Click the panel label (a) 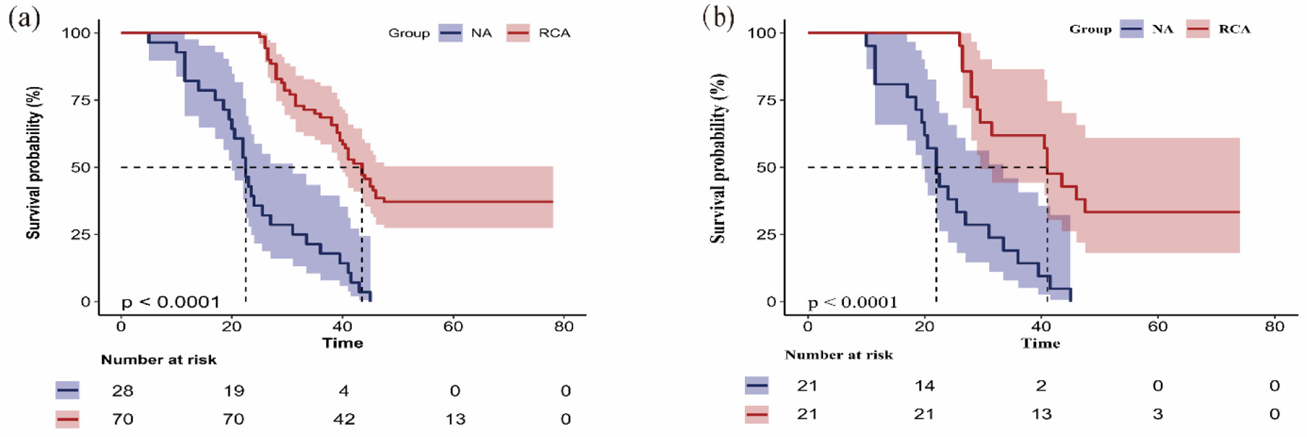click(24, 18)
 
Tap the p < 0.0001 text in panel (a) click(170, 301)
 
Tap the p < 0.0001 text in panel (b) click(853, 302)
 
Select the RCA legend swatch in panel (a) click(518, 33)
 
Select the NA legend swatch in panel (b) click(1131, 29)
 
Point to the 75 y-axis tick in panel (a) click(80, 100)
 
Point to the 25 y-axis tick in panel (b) click(767, 234)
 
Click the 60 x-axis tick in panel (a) click(453, 326)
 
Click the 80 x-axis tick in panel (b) click(1275, 326)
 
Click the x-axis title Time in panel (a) click(342, 343)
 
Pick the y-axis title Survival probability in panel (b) click(718, 158)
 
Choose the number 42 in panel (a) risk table click(344, 419)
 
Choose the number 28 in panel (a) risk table click(122, 391)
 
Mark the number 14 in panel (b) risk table click(924, 386)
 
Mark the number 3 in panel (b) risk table click(1158, 414)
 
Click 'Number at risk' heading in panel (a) click(159, 360)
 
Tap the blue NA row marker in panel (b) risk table click(757, 385)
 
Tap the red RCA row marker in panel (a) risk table click(67, 419)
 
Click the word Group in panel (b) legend click(1090, 29)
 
